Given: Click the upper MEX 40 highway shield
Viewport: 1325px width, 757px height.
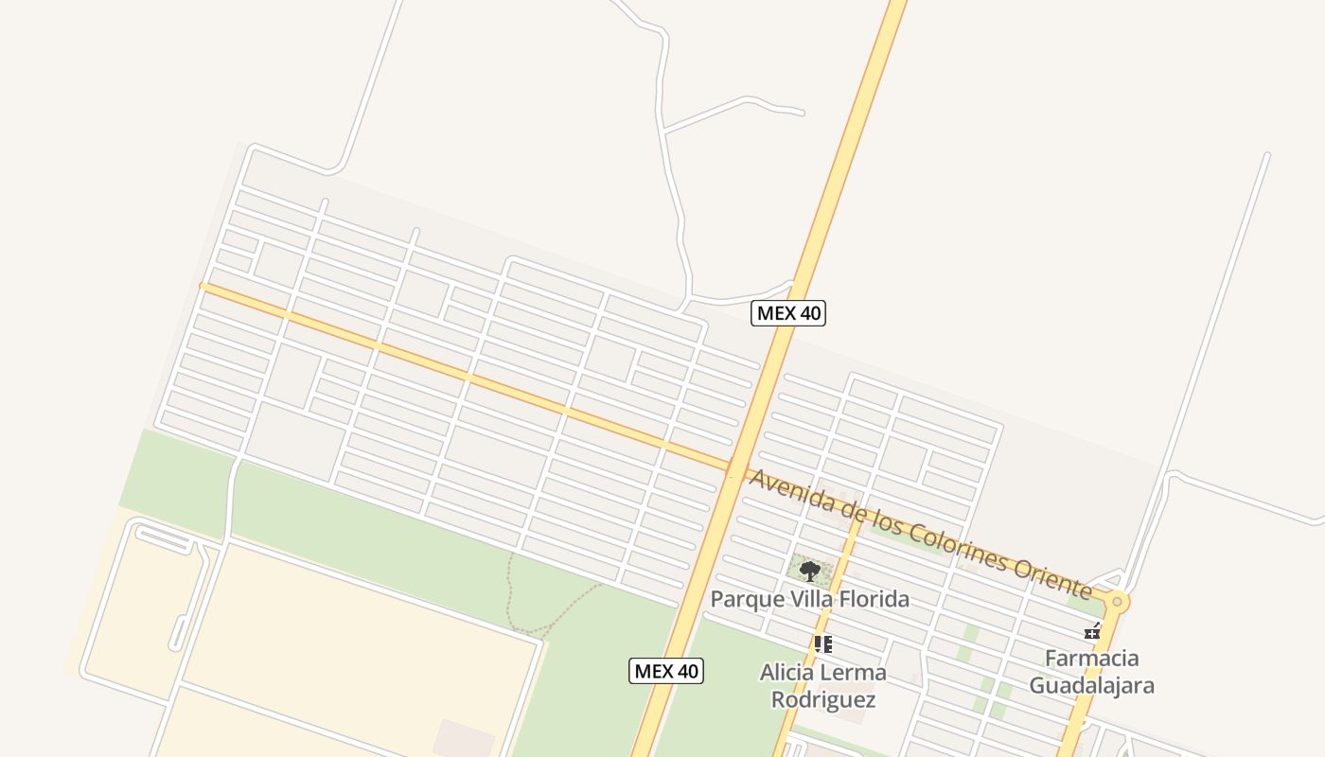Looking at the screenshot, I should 788,313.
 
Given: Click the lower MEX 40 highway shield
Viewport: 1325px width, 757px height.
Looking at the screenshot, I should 666,671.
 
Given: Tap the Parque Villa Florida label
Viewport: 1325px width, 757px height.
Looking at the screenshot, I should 809,599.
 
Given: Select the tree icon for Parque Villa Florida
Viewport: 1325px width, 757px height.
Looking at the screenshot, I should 809,571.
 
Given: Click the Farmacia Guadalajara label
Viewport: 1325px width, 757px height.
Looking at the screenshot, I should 1091,671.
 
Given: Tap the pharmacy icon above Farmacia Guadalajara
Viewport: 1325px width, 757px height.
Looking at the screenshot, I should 1093,631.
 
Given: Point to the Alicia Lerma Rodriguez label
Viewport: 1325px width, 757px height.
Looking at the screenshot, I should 822,686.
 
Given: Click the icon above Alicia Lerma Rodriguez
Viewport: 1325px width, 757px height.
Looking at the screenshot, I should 822,644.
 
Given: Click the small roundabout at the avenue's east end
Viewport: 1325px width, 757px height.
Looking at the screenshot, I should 1118,601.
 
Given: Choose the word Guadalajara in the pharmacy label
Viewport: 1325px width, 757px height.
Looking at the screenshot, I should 1091,685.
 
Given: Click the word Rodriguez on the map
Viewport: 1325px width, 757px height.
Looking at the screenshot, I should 822,700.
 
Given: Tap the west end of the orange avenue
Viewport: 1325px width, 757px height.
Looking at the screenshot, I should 204,286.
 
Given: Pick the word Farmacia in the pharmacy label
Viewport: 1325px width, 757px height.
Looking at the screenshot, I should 1091,658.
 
